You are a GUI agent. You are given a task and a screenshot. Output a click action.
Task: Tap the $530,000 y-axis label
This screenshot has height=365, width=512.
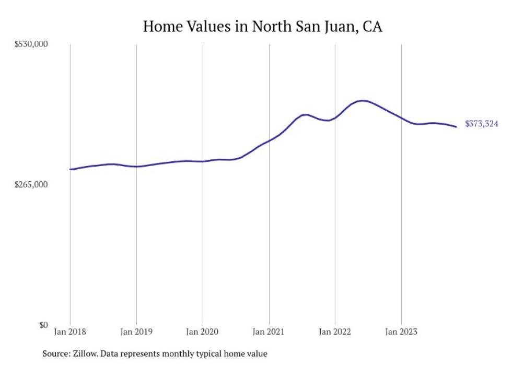tap(31, 44)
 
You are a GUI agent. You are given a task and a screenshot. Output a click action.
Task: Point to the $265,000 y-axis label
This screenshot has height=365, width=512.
tap(31, 185)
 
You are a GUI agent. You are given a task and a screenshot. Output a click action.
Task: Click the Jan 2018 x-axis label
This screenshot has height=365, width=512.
tap(70, 332)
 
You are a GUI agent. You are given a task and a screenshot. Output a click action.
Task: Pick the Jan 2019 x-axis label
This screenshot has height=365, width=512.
tap(136, 332)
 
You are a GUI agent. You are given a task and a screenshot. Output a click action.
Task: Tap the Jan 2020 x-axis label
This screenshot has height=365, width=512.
tap(203, 332)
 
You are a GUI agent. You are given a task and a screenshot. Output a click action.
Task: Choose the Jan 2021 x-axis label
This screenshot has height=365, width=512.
tap(269, 332)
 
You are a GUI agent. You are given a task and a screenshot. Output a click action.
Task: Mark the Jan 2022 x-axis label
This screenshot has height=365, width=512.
tap(335, 332)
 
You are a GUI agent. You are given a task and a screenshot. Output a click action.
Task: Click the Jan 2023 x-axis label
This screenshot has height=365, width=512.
tap(401, 332)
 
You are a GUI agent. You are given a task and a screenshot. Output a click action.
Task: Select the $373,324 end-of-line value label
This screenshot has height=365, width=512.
tap(481, 124)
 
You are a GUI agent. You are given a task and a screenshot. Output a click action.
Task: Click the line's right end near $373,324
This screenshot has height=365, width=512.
tap(456, 127)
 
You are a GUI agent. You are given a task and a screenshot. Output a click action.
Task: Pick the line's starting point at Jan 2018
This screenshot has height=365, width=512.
tap(70, 169)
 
